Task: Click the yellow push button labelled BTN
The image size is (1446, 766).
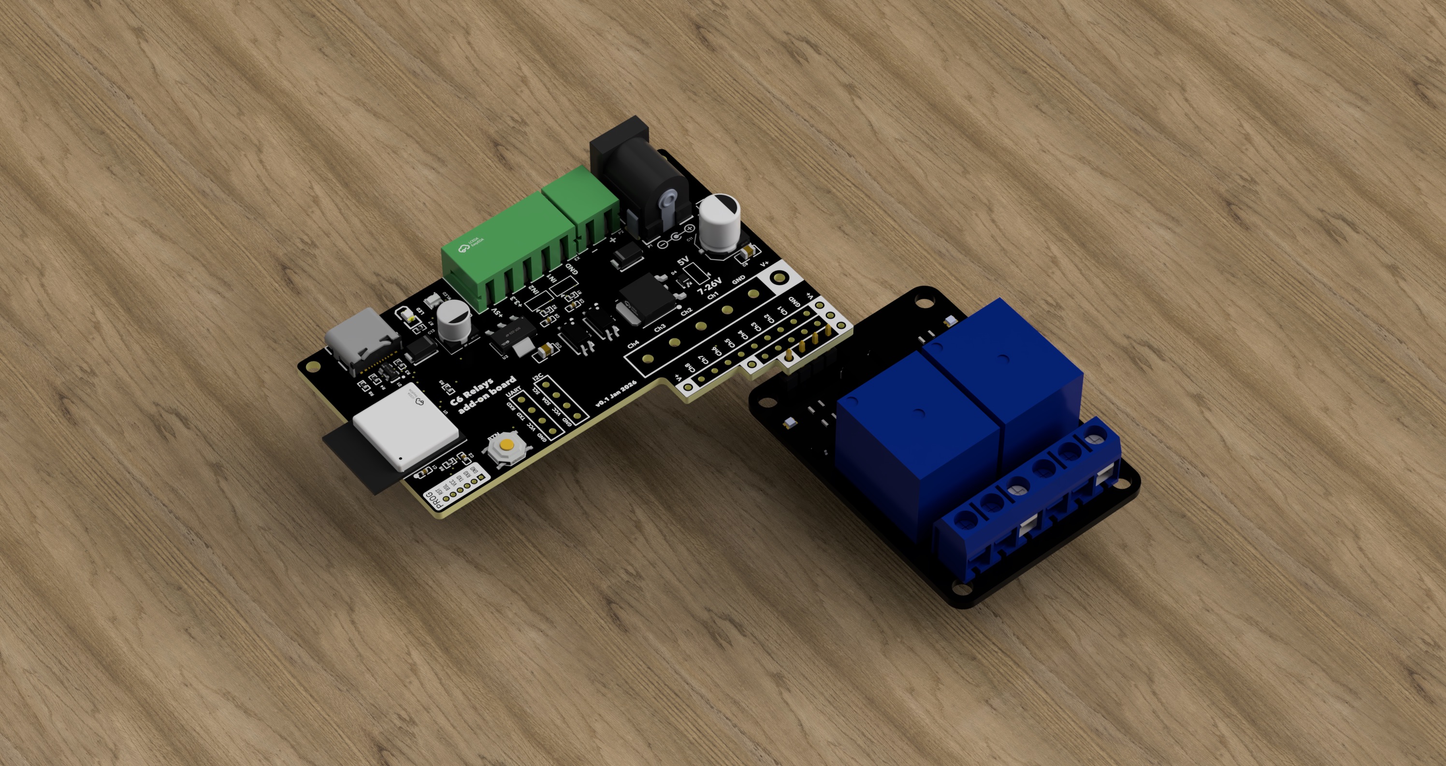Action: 507,446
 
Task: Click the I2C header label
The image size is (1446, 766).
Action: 538,377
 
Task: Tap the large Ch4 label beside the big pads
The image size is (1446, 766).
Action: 633,344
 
